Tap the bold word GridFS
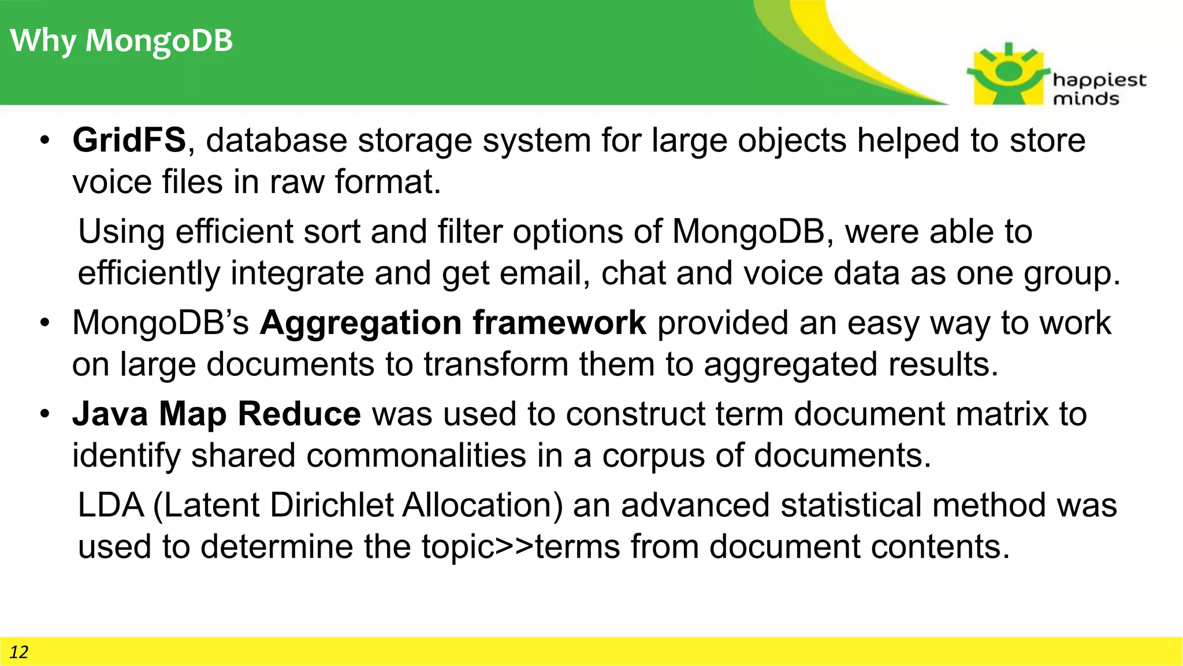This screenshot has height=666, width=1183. click(x=129, y=140)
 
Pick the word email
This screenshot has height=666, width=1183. click(x=544, y=273)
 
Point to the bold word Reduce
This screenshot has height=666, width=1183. click(x=299, y=414)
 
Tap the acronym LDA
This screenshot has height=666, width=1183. click(x=110, y=505)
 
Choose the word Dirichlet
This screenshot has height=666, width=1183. click(x=331, y=505)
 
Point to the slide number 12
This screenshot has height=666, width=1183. click(x=18, y=652)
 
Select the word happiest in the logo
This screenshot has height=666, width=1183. click(x=1099, y=80)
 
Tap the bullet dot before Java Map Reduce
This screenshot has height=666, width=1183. click(x=45, y=415)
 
